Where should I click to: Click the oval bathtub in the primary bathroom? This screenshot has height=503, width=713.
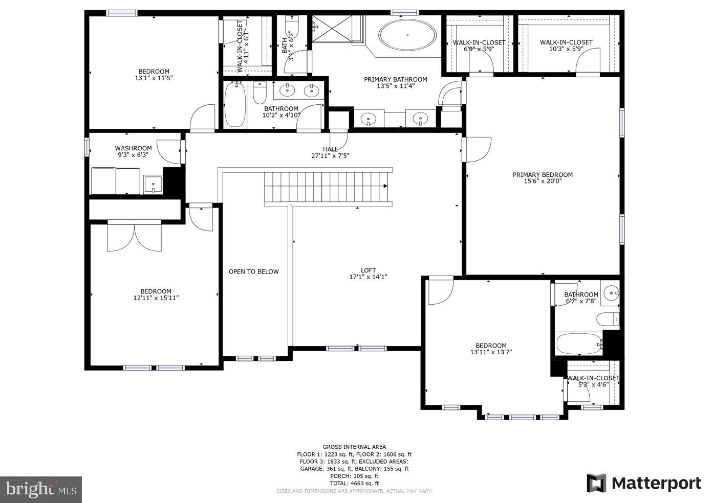(x=407, y=35)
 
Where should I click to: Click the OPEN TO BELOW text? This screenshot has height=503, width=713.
(x=253, y=271)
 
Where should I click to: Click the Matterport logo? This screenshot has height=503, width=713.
(x=644, y=483)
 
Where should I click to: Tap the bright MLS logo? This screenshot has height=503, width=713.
(x=41, y=489)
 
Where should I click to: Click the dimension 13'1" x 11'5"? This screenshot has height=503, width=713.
(x=154, y=78)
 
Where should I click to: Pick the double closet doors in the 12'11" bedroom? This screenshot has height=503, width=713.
(x=134, y=238)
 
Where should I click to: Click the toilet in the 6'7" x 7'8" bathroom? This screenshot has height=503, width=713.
(x=608, y=319)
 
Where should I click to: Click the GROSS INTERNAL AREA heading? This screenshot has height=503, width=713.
(x=354, y=447)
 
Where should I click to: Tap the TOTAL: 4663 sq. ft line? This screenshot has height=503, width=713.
(x=354, y=483)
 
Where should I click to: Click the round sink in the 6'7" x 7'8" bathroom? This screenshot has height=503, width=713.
(x=611, y=293)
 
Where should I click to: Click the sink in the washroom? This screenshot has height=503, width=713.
(x=153, y=184)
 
